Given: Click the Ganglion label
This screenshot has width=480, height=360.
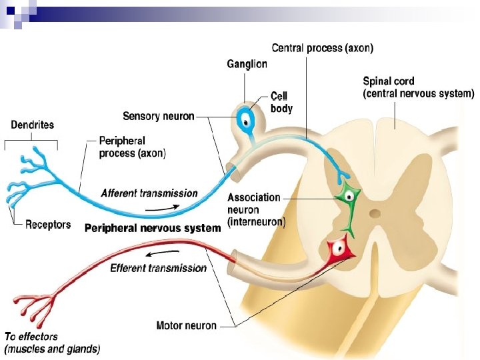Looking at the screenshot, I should point(247,64).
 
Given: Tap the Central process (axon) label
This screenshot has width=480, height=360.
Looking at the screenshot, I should point(323,48).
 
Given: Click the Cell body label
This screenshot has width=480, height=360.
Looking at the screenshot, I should point(281,102).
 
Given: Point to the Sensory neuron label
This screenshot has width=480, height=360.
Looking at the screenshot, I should point(159,116).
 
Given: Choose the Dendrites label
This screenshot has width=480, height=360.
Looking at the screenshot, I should point(33,125).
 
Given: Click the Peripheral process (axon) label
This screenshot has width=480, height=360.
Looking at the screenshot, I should point(132,147).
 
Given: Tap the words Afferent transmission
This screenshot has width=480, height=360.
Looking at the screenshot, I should point(149,193).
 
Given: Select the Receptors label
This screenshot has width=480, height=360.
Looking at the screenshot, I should point(48,225).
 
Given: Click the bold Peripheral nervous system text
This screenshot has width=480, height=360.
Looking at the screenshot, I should point(153,228).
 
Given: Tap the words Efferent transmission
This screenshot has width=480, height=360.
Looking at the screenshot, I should point(158,268).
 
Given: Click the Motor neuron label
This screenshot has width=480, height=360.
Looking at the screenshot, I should point(186,326).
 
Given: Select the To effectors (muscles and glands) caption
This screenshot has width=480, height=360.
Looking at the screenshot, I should point(52,343).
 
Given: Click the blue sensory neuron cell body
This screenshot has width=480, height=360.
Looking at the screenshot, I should point(246,121).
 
